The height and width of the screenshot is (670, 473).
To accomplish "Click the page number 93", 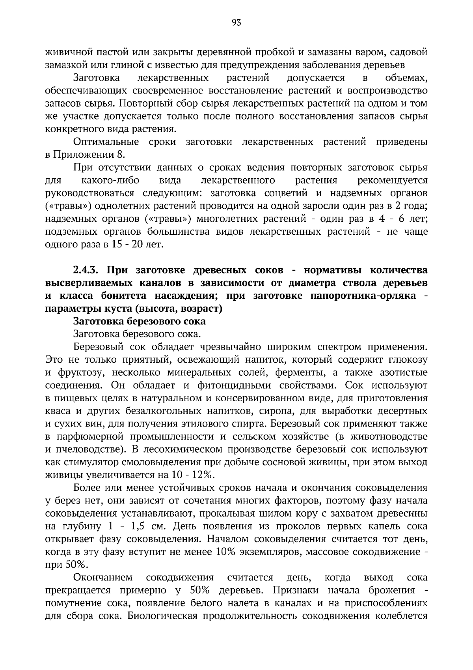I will click(236, 22).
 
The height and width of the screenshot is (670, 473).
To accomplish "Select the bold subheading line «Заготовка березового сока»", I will click(140, 321).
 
